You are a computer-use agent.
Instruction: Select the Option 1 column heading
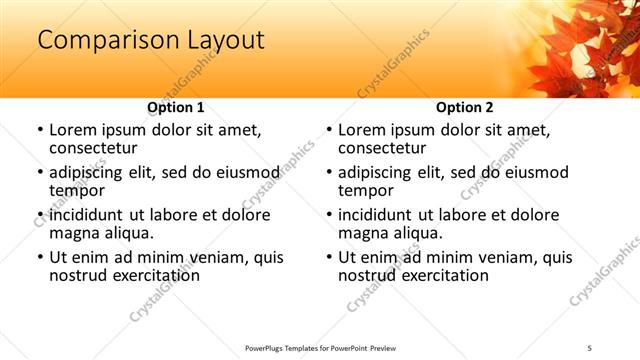(175, 107)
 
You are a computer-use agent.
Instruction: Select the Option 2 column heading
(464, 107)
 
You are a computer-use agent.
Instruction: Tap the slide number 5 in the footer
(589, 347)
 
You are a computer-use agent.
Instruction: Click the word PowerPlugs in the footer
(267, 347)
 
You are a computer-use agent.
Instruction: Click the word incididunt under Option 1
(88, 215)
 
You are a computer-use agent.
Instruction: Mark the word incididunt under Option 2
(377, 215)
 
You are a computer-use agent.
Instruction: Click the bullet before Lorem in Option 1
(39, 131)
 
